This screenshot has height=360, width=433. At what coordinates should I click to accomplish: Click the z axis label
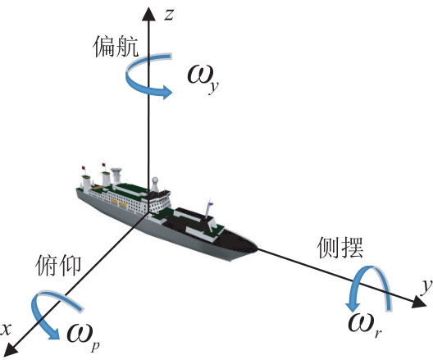click(169, 15)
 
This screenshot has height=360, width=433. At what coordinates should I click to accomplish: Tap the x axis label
click(6, 329)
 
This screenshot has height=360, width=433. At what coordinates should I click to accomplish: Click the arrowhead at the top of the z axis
click(148, 14)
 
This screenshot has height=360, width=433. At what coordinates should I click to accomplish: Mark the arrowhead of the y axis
click(422, 303)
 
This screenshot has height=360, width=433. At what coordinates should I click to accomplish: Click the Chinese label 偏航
click(116, 47)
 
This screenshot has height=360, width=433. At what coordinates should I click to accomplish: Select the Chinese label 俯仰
click(58, 266)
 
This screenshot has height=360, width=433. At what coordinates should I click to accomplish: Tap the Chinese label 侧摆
click(340, 248)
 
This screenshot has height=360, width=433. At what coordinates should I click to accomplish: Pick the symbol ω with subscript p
click(83, 335)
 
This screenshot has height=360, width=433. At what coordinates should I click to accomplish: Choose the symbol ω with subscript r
click(365, 326)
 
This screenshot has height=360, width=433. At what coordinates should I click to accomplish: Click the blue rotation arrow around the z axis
click(138, 86)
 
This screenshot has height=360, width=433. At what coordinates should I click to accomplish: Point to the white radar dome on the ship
click(155, 180)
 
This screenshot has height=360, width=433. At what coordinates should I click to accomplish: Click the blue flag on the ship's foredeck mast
click(211, 203)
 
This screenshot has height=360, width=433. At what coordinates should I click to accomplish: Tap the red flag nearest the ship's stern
click(83, 168)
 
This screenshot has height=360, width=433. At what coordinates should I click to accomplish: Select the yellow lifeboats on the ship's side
click(119, 203)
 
